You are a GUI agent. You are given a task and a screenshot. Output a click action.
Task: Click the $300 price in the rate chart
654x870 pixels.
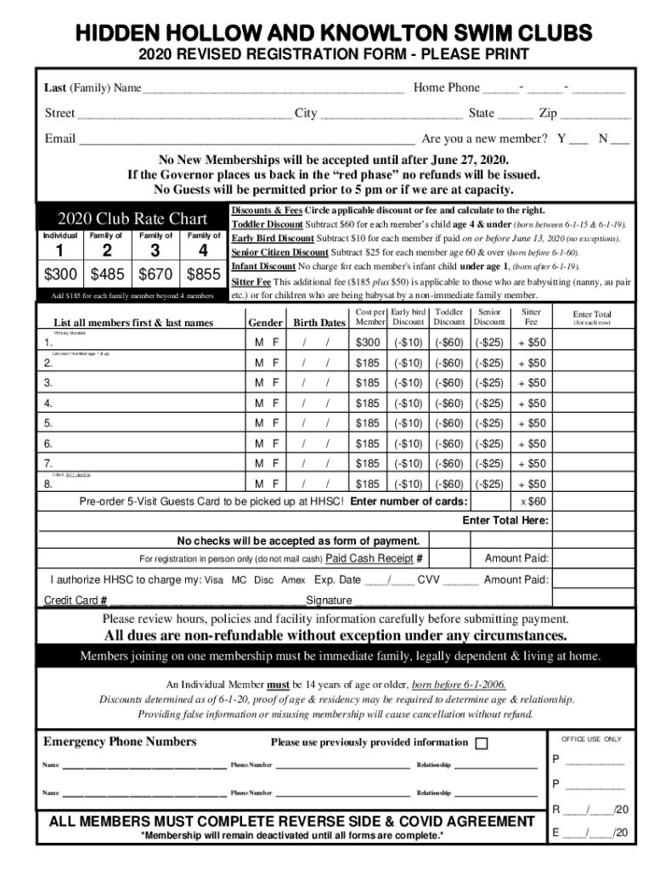point(64,275)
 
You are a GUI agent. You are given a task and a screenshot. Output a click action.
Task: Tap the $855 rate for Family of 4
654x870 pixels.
point(203,275)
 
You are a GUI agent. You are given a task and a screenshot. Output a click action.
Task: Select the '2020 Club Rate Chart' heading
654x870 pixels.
point(132,217)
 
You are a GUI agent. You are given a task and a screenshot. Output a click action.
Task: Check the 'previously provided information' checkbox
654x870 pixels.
point(482,743)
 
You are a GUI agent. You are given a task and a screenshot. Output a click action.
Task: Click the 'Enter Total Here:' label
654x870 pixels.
point(505,521)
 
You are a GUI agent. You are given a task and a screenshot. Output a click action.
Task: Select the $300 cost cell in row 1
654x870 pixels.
point(368,342)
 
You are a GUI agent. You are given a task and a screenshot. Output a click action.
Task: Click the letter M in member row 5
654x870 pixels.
point(260,423)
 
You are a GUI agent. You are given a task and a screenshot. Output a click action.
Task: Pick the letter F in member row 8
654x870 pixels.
point(275,484)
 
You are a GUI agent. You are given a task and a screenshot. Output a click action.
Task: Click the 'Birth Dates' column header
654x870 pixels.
point(319,323)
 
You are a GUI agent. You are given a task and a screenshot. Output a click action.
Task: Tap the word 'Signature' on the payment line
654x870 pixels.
point(329,601)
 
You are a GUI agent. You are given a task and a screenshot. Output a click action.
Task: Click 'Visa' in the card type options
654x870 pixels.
point(214,580)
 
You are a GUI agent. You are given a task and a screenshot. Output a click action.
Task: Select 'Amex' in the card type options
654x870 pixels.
point(294,580)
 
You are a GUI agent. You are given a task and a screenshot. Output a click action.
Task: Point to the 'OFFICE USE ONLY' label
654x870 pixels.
point(591,739)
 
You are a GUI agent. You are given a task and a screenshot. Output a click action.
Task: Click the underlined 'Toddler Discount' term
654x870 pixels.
point(266,224)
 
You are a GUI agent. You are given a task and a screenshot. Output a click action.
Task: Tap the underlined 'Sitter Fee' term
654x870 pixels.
point(251,281)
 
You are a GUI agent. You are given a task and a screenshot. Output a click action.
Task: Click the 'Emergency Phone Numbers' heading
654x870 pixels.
point(120,742)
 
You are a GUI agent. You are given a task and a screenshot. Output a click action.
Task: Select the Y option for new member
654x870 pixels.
point(561,138)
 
